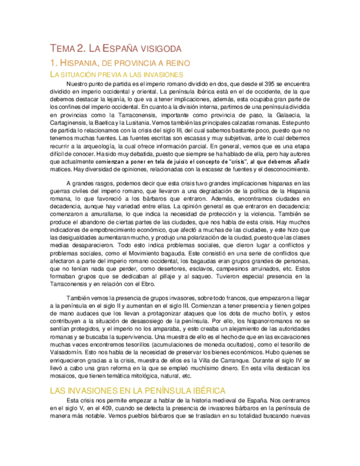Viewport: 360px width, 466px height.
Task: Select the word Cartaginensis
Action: click(71, 124)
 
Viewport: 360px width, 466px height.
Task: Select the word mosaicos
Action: click(63, 376)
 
